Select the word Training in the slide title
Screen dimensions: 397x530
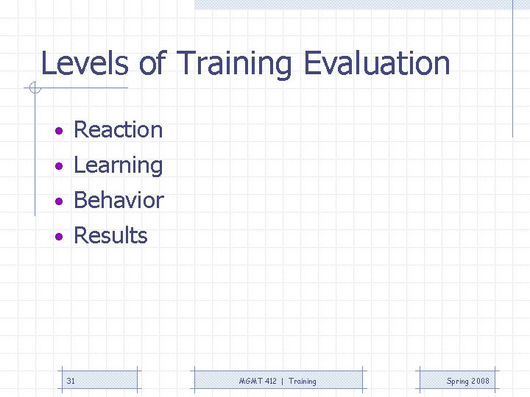(x=236, y=65)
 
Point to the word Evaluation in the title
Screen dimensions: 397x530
(x=376, y=63)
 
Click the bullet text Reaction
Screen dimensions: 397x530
(x=118, y=130)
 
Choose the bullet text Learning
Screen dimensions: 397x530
(x=118, y=166)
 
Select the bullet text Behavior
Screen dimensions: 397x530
(x=119, y=200)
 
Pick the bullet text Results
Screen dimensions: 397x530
(x=110, y=236)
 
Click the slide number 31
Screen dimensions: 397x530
(x=71, y=381)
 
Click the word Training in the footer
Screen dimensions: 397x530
(x=303, y=382)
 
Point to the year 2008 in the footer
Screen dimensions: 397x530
(x=481, y=381)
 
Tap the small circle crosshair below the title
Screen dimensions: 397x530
(x=34, y=89)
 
